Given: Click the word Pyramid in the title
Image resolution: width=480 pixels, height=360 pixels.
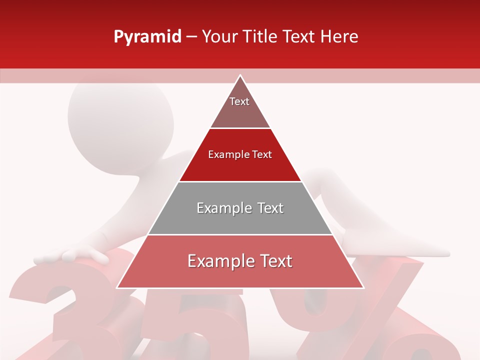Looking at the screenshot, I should coord(147,37).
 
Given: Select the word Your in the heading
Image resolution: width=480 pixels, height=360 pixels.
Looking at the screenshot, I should coord(220,36).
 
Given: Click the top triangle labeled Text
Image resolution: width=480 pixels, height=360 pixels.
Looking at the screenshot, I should coord(239,105).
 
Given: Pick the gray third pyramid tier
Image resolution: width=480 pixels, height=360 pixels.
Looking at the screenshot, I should coord(240,208).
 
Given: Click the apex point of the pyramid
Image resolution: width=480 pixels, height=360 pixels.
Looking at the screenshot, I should coord(240,75).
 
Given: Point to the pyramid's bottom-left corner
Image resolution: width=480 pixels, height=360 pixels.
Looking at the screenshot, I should coord(117,287).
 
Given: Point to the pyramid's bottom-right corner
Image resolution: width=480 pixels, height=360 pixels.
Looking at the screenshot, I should coord(363,287).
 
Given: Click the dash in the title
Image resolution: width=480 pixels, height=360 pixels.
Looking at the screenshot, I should coord(191,37).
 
